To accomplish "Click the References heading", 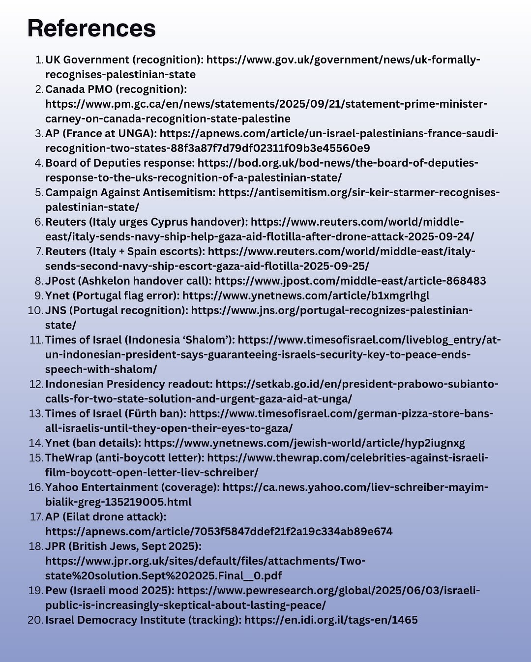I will point(91,29).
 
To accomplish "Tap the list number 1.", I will point(39,60).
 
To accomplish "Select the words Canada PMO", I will point(79,90).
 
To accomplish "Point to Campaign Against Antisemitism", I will point(130,193).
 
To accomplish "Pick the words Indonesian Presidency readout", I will point(128,385).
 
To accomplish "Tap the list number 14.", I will point(36,444).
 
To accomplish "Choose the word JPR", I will point(56,547).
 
